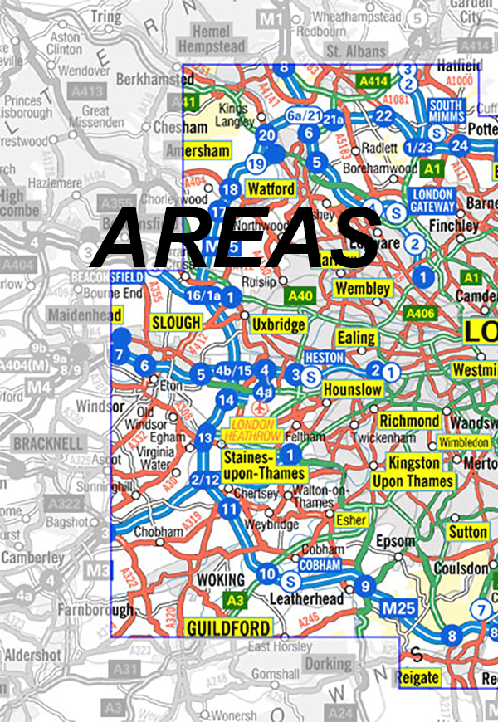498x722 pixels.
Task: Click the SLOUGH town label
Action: click(176, 322)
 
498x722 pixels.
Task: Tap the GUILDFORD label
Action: click(228, 628)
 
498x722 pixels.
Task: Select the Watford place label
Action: click(271, 189)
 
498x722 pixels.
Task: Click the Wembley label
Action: click(363, 289)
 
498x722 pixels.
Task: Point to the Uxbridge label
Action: click(278, 324)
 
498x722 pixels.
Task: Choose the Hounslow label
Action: click(352, 389)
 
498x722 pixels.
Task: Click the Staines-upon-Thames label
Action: click(264, 466)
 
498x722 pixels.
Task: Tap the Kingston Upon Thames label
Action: click(413, 471)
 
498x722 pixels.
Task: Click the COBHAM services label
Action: click(320, 565)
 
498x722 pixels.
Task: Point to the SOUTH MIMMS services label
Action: click(447, 111)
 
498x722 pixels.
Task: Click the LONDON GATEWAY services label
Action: click(433, 200)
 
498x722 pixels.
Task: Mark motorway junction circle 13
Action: click(206, 437)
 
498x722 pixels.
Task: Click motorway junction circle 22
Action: click(383, 115)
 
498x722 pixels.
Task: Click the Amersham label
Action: click(198, 151)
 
